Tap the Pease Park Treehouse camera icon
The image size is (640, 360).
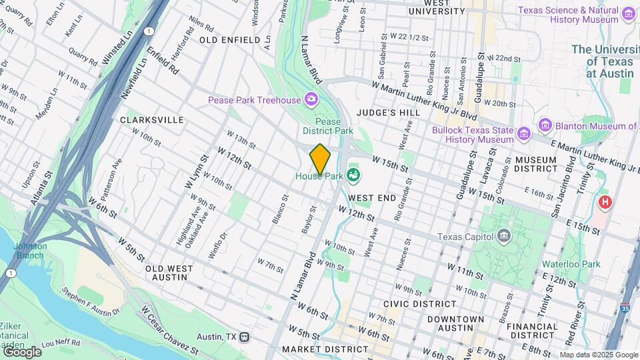[x=311, y=100]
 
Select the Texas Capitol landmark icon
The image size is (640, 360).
[x=504, y=236]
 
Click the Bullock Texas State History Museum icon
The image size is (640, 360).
[x=524, y=135]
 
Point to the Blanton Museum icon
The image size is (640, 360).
[x=545, y=125]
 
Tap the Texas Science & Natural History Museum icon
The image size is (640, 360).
[x=628, y=14]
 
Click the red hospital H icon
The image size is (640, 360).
[x=605, y=201]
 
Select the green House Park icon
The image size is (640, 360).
[x=353, y=176]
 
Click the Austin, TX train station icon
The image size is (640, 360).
[x=245, y=337]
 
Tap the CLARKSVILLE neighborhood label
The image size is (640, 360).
[x=151, y=120]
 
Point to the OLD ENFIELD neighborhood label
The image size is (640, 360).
[x=229, y=40]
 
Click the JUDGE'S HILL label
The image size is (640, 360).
[x=388, y=113]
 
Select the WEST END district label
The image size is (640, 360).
[x=372, y=198]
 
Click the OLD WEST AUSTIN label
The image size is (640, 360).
[x=169, y=273]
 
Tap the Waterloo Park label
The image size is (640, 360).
[x=571, y=264]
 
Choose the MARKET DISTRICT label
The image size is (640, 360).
[x=316, y=349]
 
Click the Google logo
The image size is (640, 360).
[x=21, y=351]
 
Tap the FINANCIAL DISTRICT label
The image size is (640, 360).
[x=532, y=332]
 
